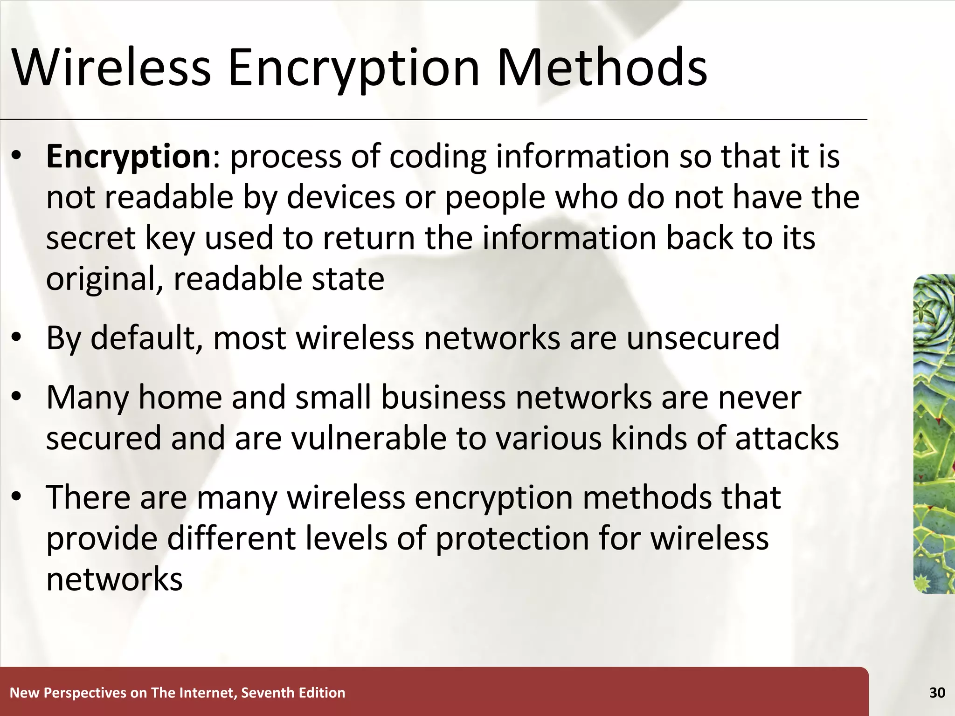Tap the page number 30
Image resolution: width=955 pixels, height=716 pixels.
tap(937, 693)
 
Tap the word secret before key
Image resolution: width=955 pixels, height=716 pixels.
tap(90, 239)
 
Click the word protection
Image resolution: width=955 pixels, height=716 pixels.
tap(512, 539)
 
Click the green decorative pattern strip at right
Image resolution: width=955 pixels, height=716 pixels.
tap(934, 434)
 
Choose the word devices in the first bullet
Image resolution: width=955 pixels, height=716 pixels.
tap(340, 198)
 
